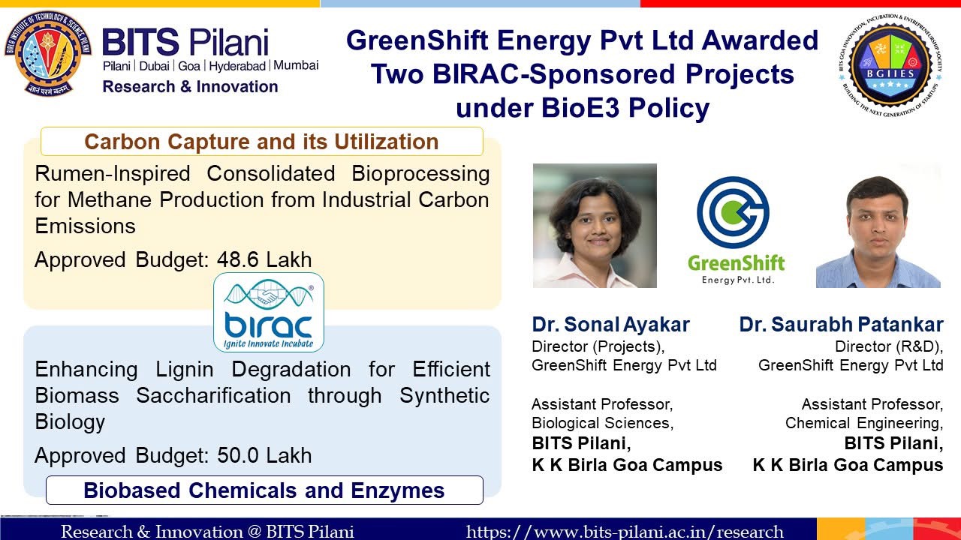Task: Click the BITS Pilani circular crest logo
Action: click(48, 53)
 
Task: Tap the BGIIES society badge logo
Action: click(890, 66)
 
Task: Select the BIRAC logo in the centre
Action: click(269, 313)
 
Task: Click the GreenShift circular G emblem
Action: click(734, 212)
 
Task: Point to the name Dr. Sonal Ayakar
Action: click(610, 325)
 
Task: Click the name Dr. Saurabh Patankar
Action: click(841, 325)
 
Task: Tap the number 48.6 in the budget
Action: click(238, 259)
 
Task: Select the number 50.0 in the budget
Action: click(238, 455)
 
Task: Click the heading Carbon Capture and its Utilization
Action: click(261, 142)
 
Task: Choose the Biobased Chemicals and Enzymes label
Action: click(264, 490)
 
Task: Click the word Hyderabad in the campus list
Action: click(237, 66)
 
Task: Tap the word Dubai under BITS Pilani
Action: click(155, 66)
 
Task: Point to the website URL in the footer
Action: click(625, 532)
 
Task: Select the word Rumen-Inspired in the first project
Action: click(113, 173)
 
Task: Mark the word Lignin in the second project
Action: click(185, 370)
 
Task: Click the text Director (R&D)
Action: click(889, 346)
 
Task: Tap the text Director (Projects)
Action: click(598, 346)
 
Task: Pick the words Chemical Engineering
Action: click(864, 423)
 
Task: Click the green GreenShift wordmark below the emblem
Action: click(736, 263)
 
